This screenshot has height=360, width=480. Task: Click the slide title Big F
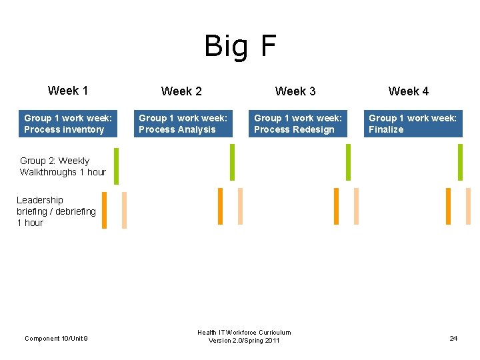[240, 47]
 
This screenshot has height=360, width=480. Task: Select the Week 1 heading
[68, 91]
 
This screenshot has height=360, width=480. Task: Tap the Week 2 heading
[181, 91]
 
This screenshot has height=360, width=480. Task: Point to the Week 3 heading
[295, 91]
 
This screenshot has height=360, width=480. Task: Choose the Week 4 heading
[409, 91]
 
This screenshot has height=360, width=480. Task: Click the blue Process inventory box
[68, 124]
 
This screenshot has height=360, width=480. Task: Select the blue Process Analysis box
[183, 124]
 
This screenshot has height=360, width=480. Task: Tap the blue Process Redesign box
[298, 124]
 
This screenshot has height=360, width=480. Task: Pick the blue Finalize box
[413, 124]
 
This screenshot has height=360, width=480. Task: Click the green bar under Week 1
[116, 165]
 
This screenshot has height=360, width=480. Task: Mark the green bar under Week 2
[233, 162]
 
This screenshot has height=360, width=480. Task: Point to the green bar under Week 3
[348, 162]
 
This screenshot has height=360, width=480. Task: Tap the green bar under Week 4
[460, 162]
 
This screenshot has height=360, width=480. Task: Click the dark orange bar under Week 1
[104, 210]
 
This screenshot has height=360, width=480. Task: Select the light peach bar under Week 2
[240, 206]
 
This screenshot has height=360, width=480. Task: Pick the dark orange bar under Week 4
[448, 206]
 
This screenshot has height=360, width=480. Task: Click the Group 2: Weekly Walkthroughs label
[63, 167]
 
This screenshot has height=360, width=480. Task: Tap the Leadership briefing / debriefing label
[56, 211]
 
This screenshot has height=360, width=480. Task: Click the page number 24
[453, 339]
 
